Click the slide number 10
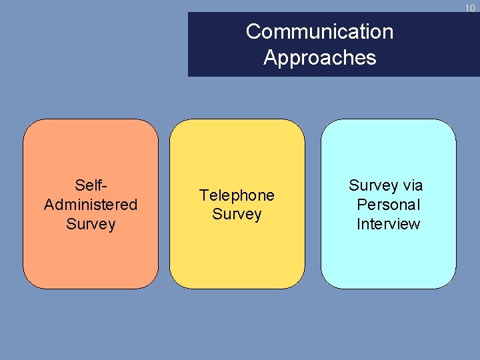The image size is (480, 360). click(471, 8)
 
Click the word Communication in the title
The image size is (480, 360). click(319, 31)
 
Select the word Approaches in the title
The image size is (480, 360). click(319, 58)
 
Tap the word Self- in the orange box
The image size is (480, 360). click(91, 185)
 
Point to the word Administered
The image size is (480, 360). click(91, 204)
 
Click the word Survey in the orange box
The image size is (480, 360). click(91, 224)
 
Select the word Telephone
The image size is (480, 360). click(237, 195)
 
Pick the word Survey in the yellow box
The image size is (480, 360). click(237, 215)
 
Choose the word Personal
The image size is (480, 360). click(389, 205)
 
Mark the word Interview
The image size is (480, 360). click(389, 224)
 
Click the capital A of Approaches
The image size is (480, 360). click(270, 58)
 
